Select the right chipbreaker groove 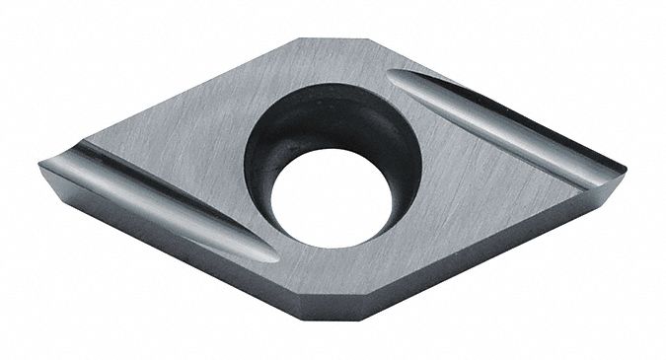[x=493, y=123]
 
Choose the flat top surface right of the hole [x=464, y=197]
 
